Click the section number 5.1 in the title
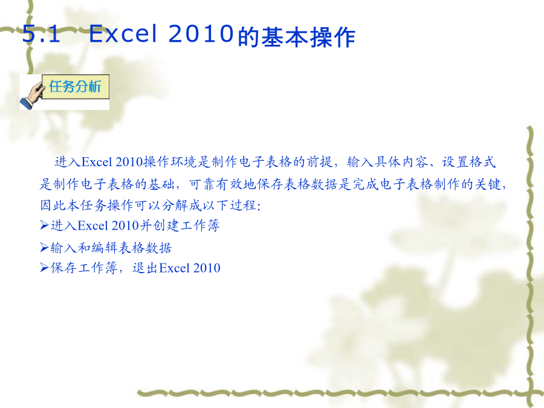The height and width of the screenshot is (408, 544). (41, 34)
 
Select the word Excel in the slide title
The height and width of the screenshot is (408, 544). (123, 34)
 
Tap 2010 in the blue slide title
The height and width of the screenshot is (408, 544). (201, 34)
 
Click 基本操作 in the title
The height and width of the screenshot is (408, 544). (308, 37)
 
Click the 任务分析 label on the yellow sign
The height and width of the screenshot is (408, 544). (76, 86)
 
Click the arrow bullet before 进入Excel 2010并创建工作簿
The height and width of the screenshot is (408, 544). (44, 225)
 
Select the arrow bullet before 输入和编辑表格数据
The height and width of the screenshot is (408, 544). (44, 247)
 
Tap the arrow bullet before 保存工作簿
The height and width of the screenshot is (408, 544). (44, 268)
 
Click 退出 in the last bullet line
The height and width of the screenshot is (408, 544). (145, 268)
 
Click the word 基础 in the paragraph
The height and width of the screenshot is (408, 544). (161, 184)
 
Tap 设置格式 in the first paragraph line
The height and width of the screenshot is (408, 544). (468, 162)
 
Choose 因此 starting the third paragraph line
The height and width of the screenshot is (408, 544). (53, 206)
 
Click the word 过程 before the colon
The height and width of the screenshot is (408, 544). (243, 206)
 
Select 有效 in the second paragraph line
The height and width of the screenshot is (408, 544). (229, 184)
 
